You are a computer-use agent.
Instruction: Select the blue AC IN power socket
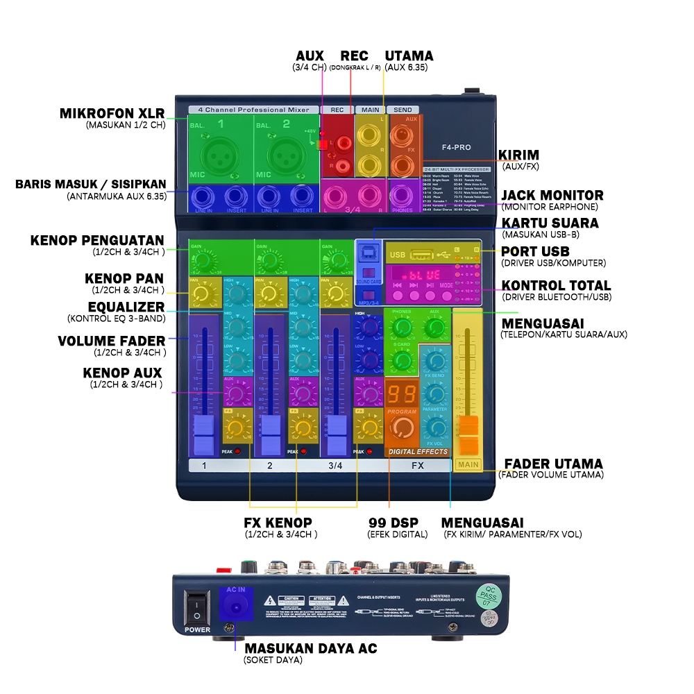[235, 607]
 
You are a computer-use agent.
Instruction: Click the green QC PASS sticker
[488, 596]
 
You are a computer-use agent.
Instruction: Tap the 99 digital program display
[402, 396]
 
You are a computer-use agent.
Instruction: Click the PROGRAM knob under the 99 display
[402, 432]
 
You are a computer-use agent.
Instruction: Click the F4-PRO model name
[457, 147]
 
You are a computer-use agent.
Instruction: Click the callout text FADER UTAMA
[553, 464]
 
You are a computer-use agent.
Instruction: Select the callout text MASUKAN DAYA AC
[310, 648]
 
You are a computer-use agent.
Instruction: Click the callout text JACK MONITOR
[552, 195]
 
